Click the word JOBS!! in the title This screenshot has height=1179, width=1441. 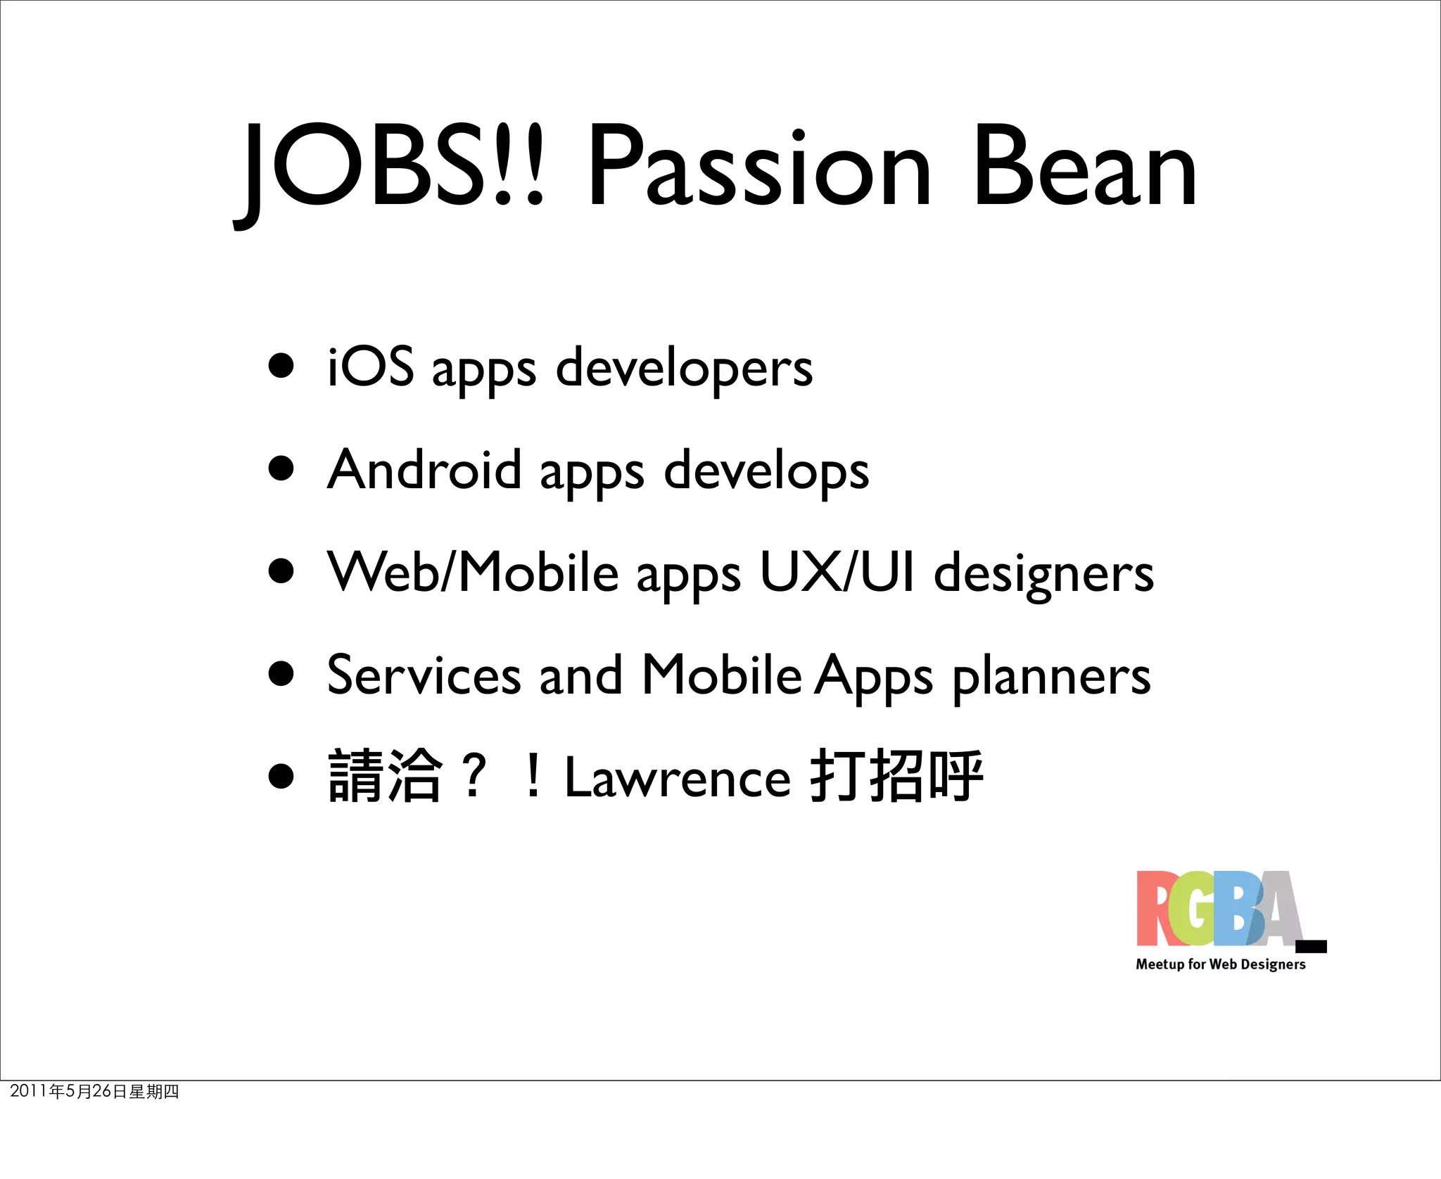click(x=391, y=169)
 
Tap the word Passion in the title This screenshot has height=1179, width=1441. click(x=760, y=169)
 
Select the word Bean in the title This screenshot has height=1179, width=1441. click(x=1084, y=169)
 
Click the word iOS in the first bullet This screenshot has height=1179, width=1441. click(x=371, y=367)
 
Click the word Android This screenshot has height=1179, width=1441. click(x=424, y=470)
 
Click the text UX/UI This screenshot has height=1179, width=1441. click(x=837, y=573)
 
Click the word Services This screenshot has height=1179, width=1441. click(x=424, y=675)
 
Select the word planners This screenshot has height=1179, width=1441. click(x=1051, y=677)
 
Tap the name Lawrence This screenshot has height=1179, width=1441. click(x=678, y=778)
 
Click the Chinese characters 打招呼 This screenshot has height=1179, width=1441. click(x=896, y=777)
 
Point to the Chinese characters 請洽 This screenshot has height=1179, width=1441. click(x=385, y=777)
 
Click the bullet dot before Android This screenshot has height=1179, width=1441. click(x=281, y=468)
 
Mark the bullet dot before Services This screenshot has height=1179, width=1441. click(x=281, y=673)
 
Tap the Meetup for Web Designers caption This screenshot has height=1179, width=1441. click(x=1221, y=964)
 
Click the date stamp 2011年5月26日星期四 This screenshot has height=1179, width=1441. click(x=94, y=1091)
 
